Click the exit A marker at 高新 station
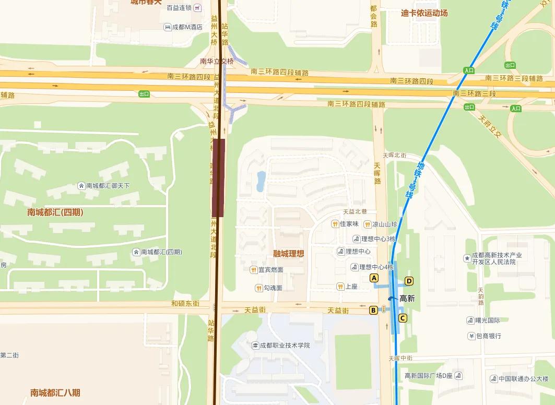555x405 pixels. point(374,278)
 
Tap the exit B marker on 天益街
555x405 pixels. point(373,311)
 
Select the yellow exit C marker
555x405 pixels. point(403,318)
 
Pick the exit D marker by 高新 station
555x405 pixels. point(409,281)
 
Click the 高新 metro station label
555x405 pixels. point(407,299)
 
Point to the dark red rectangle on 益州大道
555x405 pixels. point(218,177)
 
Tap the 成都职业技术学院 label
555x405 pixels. point(285,345)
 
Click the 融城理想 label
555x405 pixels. point(289,254)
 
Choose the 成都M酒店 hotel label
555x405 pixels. point(187,27)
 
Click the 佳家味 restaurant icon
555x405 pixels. point(335,224)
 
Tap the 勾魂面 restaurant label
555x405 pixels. point(273,288)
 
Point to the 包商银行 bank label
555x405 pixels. point(487,336)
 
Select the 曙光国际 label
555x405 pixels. point(487,320)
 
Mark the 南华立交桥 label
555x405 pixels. point(217,61)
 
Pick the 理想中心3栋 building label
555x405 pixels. point(379,239)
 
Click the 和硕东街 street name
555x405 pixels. point(185,303)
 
